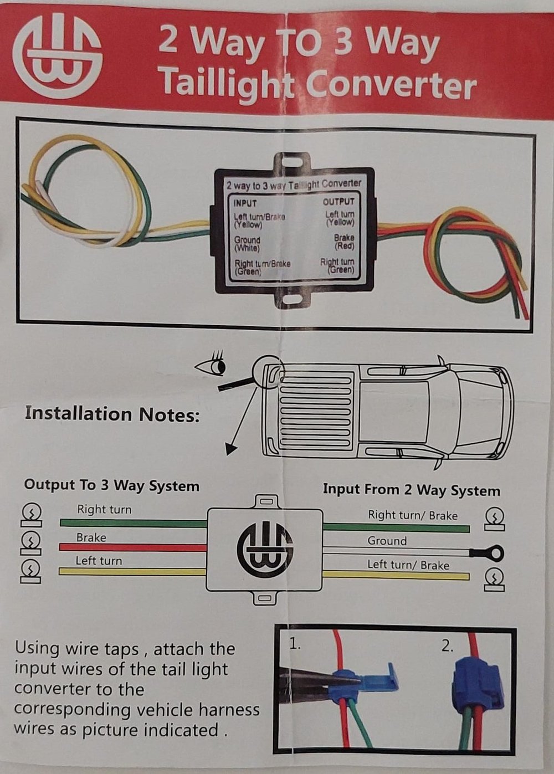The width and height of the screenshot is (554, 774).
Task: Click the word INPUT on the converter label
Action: [245, 203]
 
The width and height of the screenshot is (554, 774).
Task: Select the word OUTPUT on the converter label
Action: [338, 202]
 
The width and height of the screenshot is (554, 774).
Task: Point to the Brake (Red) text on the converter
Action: [344, 242]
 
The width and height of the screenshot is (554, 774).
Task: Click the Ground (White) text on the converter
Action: [247, 244]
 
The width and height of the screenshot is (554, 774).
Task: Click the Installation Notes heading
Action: [112, 414]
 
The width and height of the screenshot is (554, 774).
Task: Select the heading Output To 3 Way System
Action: [111, 486]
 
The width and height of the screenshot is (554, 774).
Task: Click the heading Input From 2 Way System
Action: [411, 490]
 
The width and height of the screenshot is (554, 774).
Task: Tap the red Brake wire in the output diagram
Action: [133, 547]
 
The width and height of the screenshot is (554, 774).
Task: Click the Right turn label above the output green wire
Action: [104, 510]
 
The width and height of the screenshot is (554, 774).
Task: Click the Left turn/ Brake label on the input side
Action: [408, 565]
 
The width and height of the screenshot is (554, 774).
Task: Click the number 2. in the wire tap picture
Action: [447, 647]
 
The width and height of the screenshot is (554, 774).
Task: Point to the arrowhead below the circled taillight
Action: [231, 449]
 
